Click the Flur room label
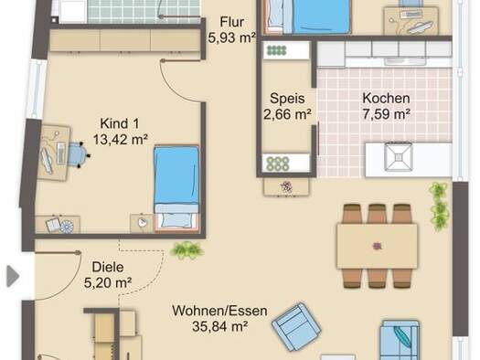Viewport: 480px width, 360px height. [232, 22]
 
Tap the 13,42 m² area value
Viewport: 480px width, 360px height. [121, 140]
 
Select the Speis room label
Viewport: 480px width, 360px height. [287, 99]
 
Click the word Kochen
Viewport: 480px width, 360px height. [386, 98]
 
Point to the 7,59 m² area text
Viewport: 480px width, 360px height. [387, 114]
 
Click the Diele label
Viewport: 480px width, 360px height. [108, 267]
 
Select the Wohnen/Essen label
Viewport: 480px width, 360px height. [219, 311]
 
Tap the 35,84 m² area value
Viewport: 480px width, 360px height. [219, 327]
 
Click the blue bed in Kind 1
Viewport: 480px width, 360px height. [176, 189]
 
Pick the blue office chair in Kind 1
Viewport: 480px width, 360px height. [78, 154]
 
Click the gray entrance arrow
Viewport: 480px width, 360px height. [13, 276]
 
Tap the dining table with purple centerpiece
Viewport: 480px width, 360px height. [377, 246]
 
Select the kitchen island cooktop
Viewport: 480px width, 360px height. [399, 157]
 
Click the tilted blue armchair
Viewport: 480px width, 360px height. [296, 327]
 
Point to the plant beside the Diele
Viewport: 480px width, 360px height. [187, 250]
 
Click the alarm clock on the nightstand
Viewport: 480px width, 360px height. [142, 223]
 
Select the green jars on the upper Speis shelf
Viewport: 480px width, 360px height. [277, 50]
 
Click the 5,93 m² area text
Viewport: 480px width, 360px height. [232, 38]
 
